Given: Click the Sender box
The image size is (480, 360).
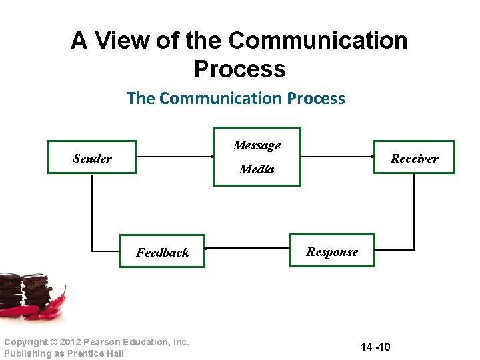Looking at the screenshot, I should [x=92, y=157].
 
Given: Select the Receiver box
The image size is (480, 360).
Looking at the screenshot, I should [x=414, y=157].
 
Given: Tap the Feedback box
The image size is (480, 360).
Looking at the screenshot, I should [x=162, y=251].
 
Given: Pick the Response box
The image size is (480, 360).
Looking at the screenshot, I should [x=332, y=251].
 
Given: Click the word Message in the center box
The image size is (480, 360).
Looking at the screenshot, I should [x=257, y=145].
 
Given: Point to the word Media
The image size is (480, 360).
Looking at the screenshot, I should [x=257, y=169].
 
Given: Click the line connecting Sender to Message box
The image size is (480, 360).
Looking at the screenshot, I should [x=175, y=157].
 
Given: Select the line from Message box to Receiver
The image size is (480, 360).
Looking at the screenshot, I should [x=337, y=157].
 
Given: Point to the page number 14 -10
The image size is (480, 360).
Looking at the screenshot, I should [x=375, y=347].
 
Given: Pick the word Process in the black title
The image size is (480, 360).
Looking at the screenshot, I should [x=239, y=69].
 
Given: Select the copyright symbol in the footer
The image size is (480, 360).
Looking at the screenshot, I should [x=45, y=342].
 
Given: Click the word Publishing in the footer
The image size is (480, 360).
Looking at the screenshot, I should [x=25, y=353].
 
